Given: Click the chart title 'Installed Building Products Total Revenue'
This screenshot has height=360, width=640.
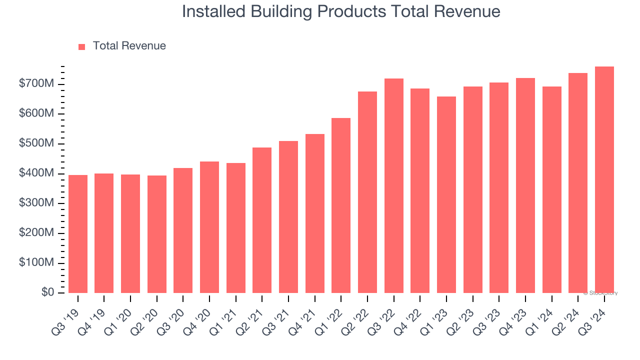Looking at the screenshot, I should [341, 11].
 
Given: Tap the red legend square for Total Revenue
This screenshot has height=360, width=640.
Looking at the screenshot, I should [82, 46].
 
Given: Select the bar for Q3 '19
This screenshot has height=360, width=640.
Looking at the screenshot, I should [78, 234].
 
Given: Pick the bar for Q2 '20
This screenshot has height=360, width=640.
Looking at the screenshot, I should [157, 234].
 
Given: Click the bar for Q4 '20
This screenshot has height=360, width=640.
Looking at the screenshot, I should [209, 227].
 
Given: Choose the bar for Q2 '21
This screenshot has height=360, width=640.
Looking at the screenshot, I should [262, 220].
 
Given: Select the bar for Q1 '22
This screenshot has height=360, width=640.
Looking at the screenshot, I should [341, 205].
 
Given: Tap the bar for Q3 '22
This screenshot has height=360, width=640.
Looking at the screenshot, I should [393, 185].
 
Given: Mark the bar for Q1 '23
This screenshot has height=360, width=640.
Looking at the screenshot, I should [446, 194].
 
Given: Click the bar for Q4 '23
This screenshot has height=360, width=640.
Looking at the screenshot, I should [525, 185].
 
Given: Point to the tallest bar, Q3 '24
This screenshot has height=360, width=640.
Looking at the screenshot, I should [604, 180].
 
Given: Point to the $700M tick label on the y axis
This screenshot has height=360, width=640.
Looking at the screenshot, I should [36, 84].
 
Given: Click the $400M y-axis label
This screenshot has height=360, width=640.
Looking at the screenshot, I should [36, 173].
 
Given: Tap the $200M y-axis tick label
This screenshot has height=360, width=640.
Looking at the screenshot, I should [36, 233].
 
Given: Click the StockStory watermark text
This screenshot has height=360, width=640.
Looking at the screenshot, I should [600, 293].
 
